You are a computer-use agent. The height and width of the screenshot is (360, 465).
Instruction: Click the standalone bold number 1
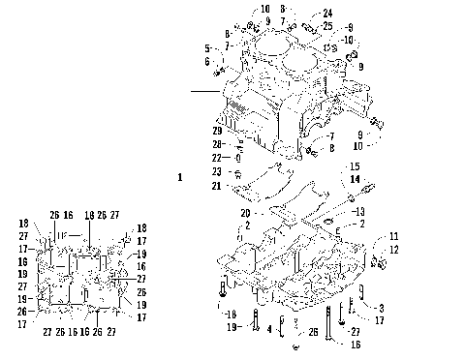tap(179, 177)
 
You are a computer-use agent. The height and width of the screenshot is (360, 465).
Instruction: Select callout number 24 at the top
tap(299, 13)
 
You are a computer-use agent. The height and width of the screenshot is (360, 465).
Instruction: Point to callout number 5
tap(207, 47)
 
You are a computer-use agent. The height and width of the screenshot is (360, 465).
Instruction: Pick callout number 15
tap(354, 166)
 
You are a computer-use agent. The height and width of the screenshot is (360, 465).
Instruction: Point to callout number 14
tap(354, 179)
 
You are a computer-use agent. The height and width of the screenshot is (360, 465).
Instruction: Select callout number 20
tap(245, 212)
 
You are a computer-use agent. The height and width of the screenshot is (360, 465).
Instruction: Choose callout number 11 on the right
tap(393, 236)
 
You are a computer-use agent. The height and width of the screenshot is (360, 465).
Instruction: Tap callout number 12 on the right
tap(393, 251)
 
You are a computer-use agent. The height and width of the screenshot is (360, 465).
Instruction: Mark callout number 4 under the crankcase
tap(268, 328)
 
